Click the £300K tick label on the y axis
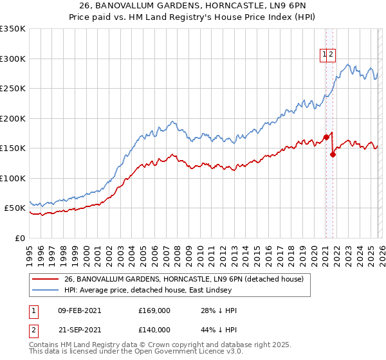[x=13, y=59]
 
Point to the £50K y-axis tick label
[x=15, y=208]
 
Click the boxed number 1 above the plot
[x=324, y=55]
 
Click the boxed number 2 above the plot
[x=331, y=55]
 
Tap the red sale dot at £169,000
[x=326, y=137]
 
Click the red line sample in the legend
[x=46, y=279]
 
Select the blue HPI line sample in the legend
[x=46, y=290]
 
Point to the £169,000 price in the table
[x=154, y=310]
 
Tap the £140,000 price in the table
[x=154, y=329]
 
